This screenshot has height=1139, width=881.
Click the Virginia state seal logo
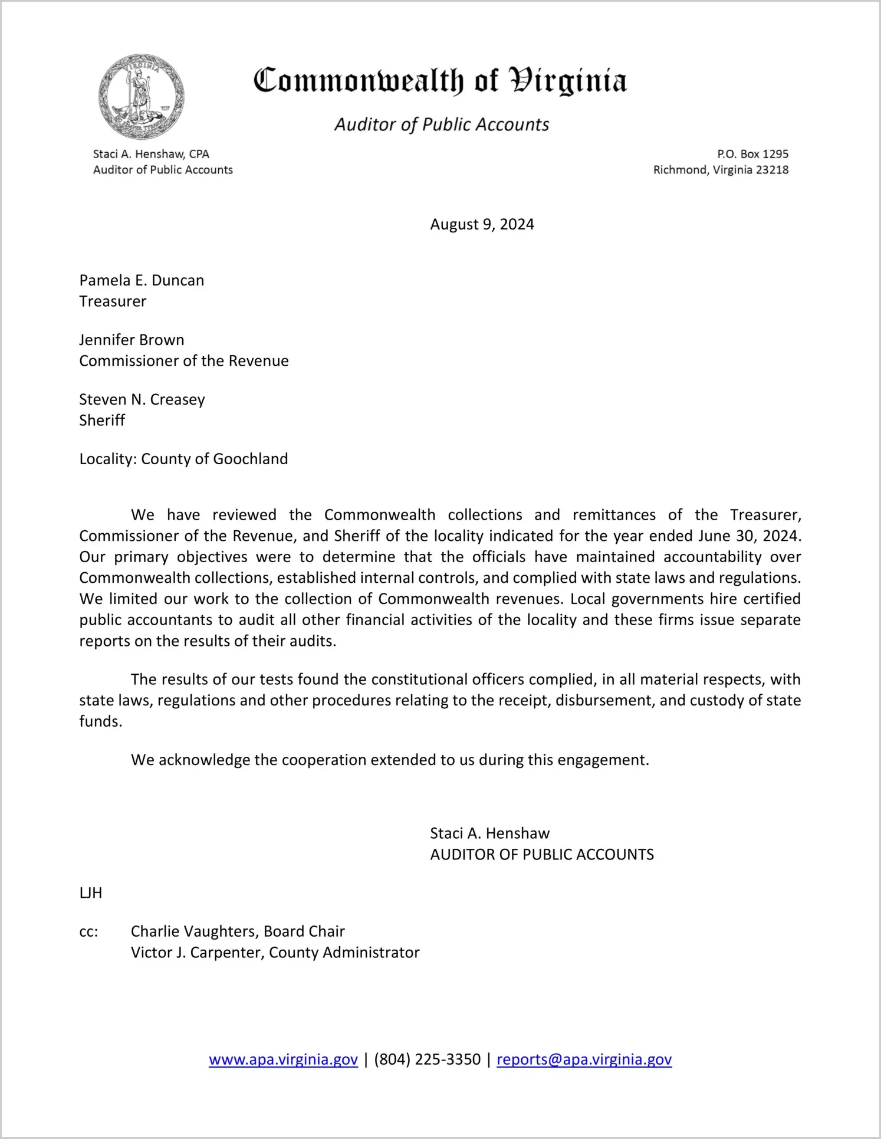tap(141, 97)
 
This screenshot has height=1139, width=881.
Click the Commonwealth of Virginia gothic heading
tap(440, 81)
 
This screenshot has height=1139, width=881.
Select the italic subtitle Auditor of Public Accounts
tap(442, 124)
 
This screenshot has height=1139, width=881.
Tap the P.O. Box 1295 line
tap(752, 154)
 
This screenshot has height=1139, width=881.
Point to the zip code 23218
tap(772, 170)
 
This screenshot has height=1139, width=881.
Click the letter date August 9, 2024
tap(482, 224)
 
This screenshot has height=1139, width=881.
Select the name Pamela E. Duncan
tap(142, 280)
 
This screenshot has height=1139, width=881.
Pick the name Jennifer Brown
tap(132, 340)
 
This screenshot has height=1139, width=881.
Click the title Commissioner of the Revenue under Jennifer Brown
tap(184, 361)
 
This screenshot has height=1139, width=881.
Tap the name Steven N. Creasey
tap(142, 399)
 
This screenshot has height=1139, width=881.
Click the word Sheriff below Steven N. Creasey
tap(102, 421)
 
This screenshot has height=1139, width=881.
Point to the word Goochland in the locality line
tap(251, 459)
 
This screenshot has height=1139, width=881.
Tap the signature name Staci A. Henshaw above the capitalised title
tap(489, 833)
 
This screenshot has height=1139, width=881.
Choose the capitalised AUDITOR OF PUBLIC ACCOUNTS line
tap(542, 855)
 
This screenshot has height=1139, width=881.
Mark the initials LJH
tap(91, 893)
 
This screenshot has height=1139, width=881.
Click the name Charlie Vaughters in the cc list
tap(194, 931)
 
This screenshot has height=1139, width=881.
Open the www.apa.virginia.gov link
tap(283, 1059)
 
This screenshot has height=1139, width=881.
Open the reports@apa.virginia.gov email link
tap(584, 1059)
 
